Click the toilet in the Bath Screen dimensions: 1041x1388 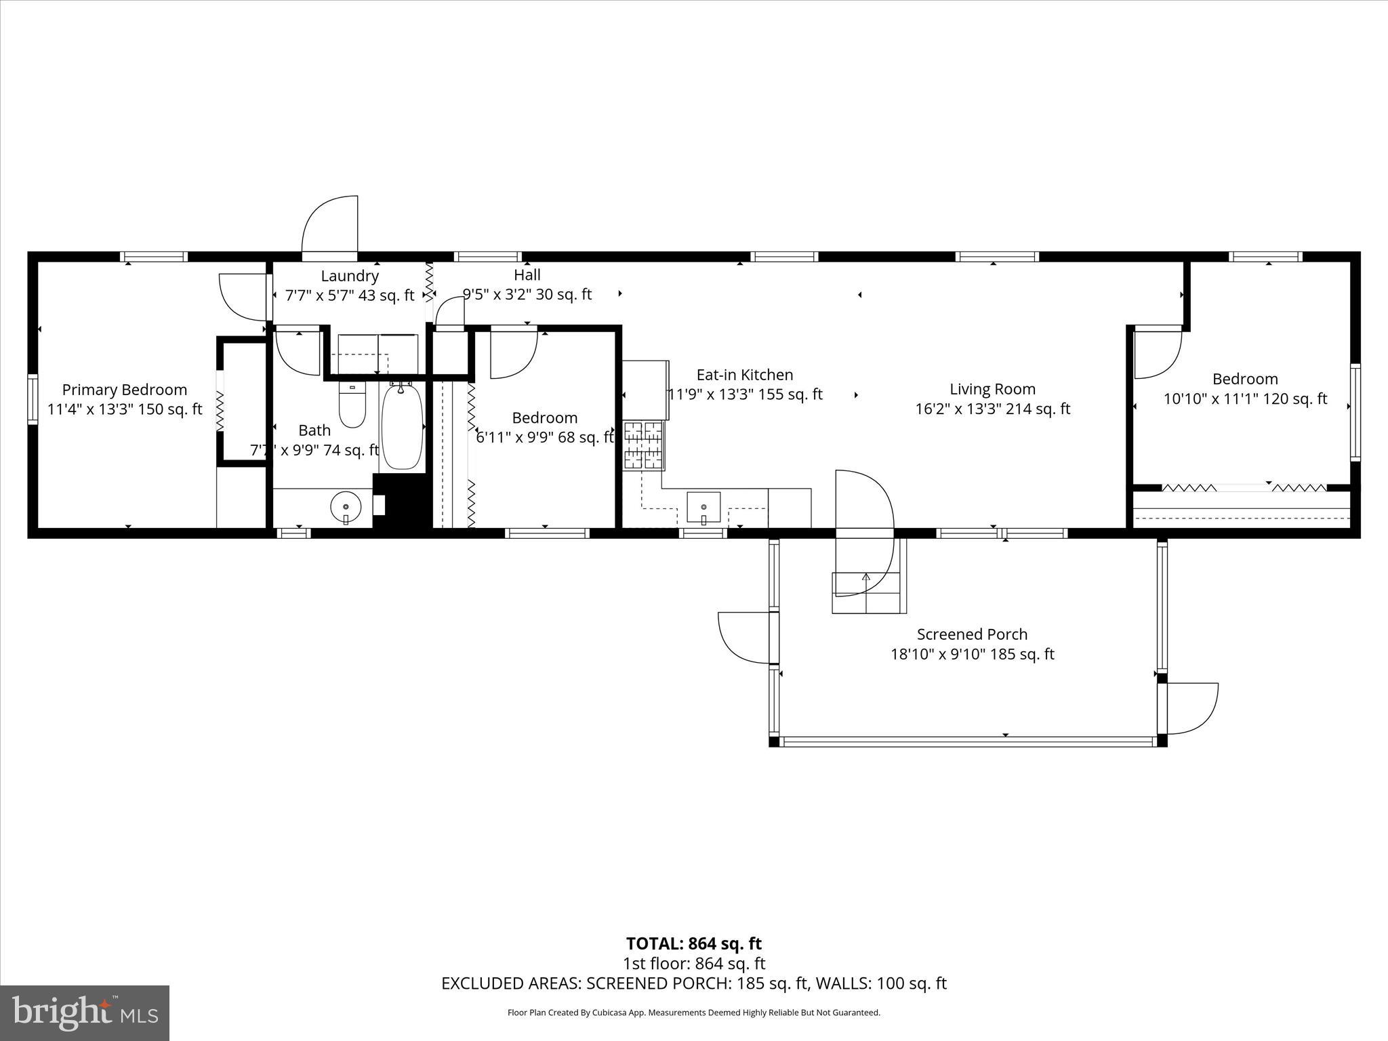(352, 405)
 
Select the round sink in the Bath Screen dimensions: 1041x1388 (346, 506)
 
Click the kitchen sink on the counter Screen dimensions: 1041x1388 (703, 507)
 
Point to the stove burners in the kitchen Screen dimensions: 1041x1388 (643, 445)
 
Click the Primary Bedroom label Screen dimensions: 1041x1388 (125, 390)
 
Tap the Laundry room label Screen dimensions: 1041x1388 (350, 276)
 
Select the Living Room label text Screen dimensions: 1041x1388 (992, 389)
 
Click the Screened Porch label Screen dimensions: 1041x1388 (972, 634)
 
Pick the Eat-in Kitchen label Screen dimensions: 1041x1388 (744, 375)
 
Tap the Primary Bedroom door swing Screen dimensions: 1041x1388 (241, 296)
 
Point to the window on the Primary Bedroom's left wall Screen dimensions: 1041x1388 (32, 400)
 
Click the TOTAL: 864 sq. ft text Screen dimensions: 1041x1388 (693, 943)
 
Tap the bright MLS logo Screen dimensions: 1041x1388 (85, 1013)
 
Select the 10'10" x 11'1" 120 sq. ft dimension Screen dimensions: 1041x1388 (1245, 399)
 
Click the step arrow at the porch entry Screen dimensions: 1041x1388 (865, 577)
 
